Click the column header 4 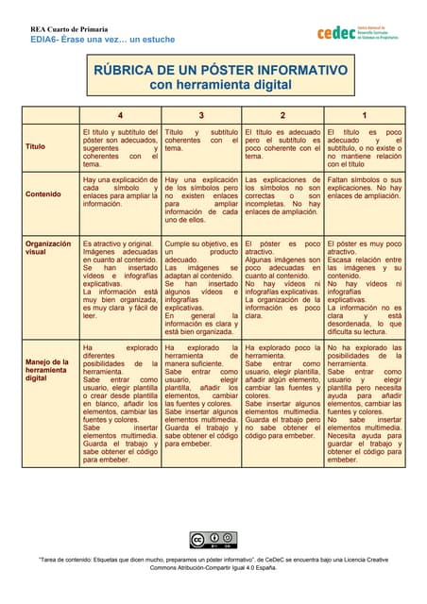click(119, 115)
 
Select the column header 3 click(201, 115)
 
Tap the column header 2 click(282, 115)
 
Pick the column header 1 click(365, 115)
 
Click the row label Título click(36, 147)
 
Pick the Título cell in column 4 click(119, 147)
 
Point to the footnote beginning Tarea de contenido click(213, 563)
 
